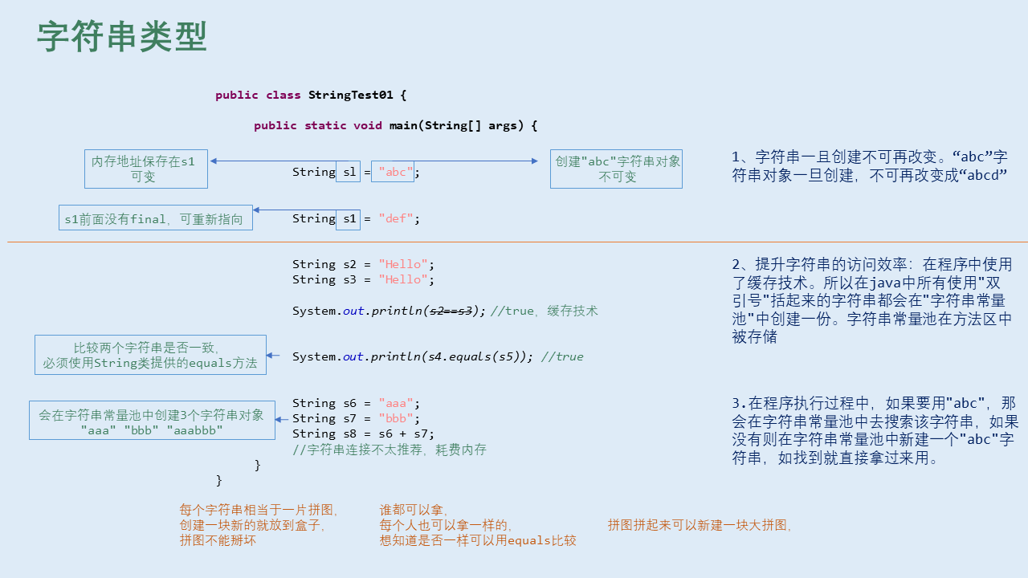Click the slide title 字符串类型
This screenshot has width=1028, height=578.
point(122,38)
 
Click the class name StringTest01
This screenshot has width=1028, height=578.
point(351,95)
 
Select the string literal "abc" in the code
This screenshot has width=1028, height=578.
point(396,172)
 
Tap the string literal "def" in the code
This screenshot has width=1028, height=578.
point(396,218)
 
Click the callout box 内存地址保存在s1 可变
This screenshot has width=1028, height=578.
point(145,169)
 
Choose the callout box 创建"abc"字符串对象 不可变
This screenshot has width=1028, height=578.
point(616,169)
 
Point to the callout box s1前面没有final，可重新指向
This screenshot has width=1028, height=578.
point(155,218)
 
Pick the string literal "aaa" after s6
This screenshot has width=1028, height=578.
point(396,403)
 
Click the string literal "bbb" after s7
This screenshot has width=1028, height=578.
point(396,418)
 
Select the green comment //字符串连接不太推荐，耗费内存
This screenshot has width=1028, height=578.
point(390,450)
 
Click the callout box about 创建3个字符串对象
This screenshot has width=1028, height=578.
point(152,420)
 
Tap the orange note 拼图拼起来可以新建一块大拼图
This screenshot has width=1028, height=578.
point(700,525)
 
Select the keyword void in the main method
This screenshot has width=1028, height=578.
point(368,125)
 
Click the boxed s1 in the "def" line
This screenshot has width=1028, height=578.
point(348,218)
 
